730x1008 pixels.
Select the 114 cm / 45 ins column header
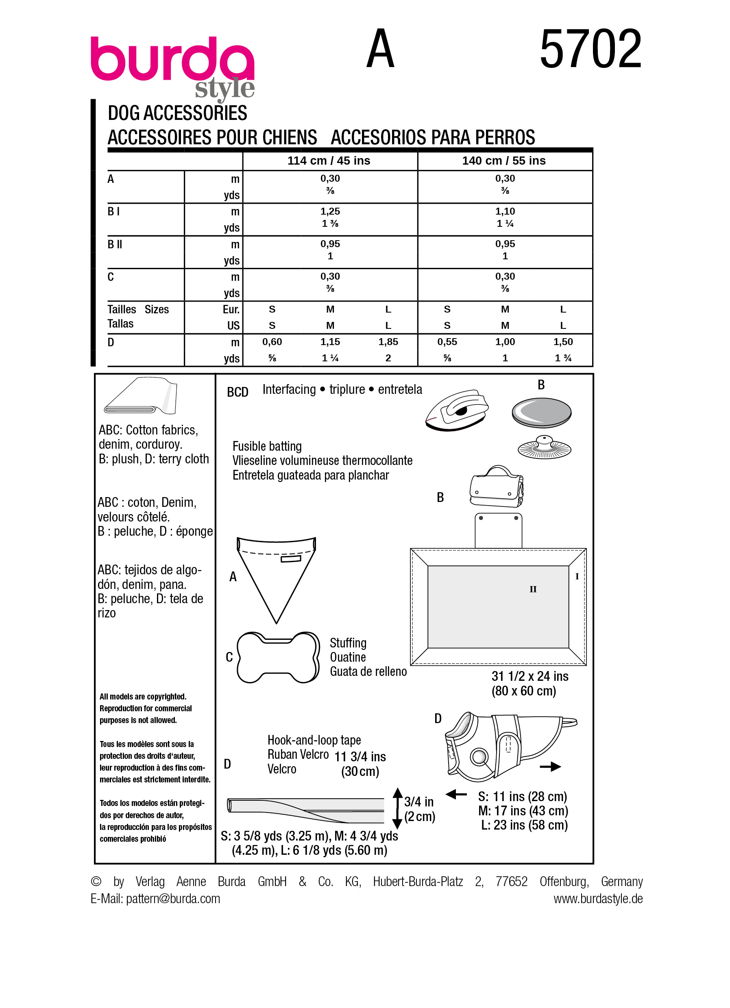pos(329,161)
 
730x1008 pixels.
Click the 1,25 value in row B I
pos(330,211)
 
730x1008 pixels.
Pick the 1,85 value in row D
pos(388,342)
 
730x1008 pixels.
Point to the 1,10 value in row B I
pos(505,211)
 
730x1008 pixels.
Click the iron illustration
pos(457,410)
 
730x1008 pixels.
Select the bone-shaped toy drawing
pos(278,657)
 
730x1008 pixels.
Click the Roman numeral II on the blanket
pos(533,589)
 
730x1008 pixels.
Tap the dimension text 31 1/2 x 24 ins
pos(530,676)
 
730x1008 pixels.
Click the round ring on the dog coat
pos(479,756)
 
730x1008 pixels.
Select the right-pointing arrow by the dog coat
pos(550,767)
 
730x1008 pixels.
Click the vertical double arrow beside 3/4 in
pos(397,808)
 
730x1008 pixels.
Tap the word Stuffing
pos(348,643)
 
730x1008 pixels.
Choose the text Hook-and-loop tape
pos(314,740)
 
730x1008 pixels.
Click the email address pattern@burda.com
pos(173,899)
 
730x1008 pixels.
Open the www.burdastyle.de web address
pos(597,899)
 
